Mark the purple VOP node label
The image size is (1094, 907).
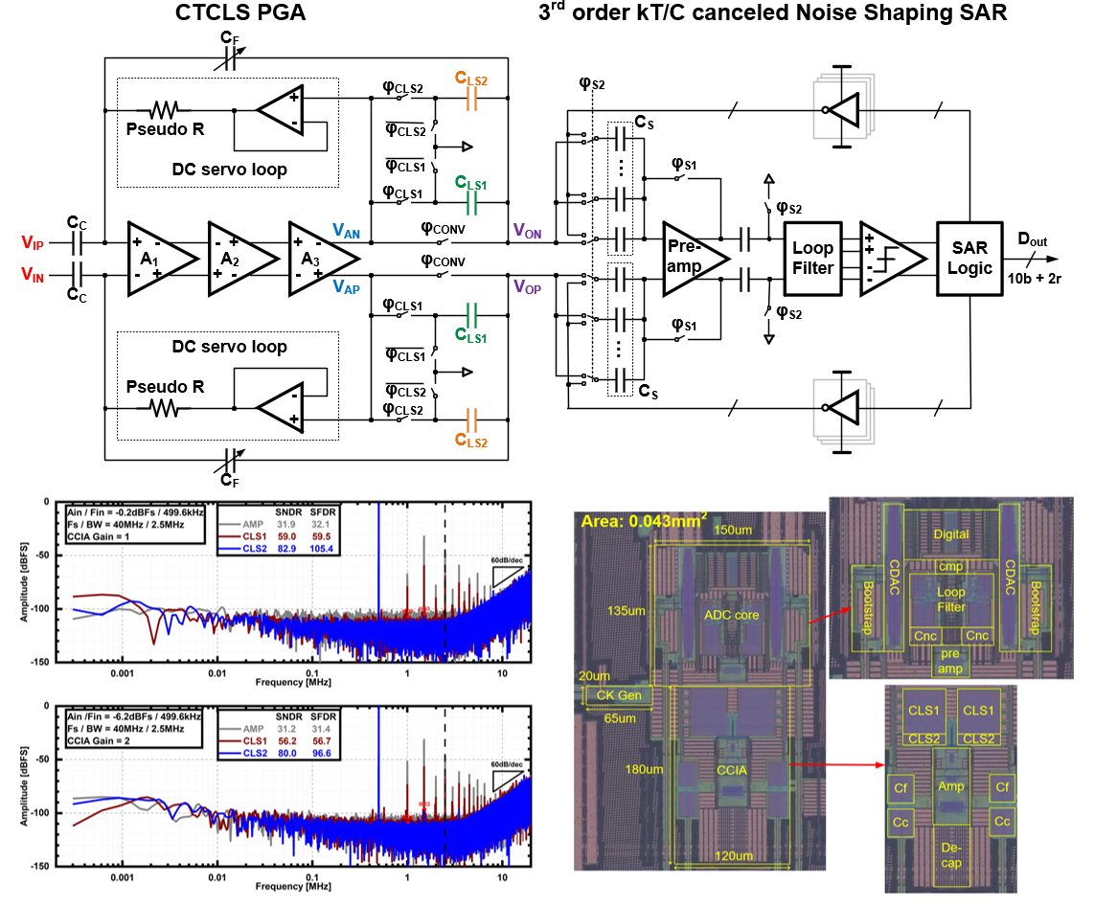tap(527, 285)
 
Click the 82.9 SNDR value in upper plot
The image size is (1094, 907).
tap(283, 550)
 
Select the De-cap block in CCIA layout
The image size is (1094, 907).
tap(950, 855)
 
